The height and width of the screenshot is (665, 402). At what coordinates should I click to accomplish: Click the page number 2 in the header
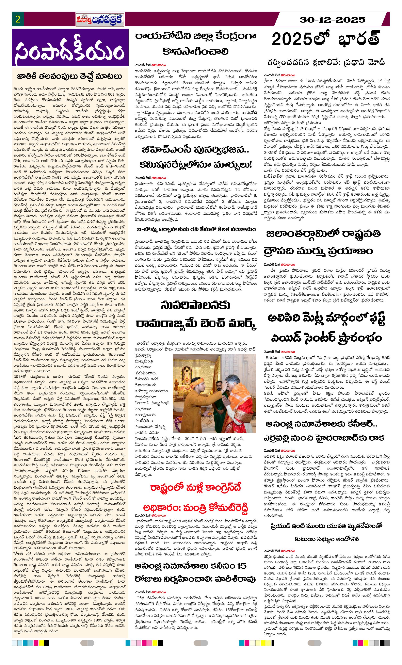click(x=18, y=19)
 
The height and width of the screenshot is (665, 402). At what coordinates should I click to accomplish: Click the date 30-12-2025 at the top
click(x=332, y=20)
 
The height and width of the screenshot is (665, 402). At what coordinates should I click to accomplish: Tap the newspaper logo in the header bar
click(x=100, y=20)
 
